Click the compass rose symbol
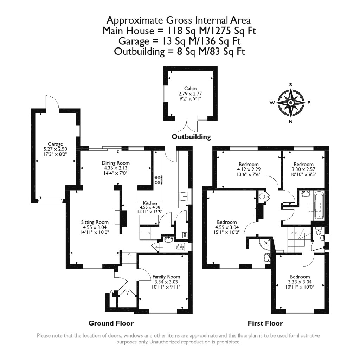(291, 102)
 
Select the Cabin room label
(190, 94)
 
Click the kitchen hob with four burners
(158, 180)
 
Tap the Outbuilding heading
(191, 137)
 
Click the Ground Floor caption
(111, 323)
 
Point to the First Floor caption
(265, 323)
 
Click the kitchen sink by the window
(183, 196)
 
